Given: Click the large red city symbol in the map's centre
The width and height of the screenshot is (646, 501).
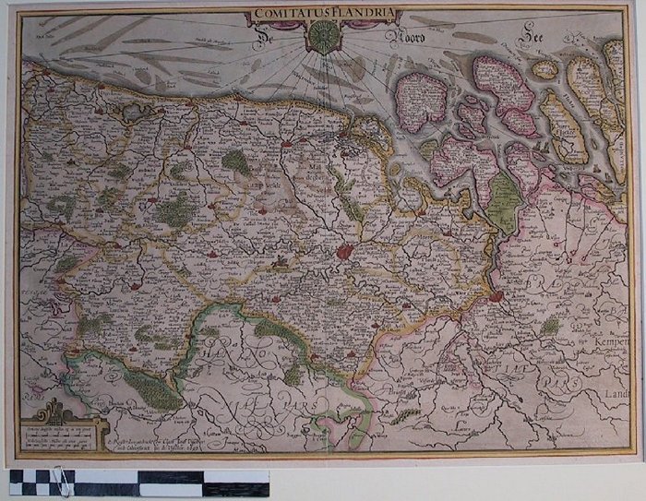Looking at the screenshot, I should [344, 251].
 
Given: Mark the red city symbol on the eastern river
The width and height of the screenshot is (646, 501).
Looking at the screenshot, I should [496, 296].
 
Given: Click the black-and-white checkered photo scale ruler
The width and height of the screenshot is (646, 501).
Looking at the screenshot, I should [138, 483].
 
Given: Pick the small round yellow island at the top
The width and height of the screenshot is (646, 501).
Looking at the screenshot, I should [545, 69].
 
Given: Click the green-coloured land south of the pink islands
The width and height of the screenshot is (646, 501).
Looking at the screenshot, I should [503, 203].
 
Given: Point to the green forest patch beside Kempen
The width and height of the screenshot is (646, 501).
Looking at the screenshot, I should [551, 326].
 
